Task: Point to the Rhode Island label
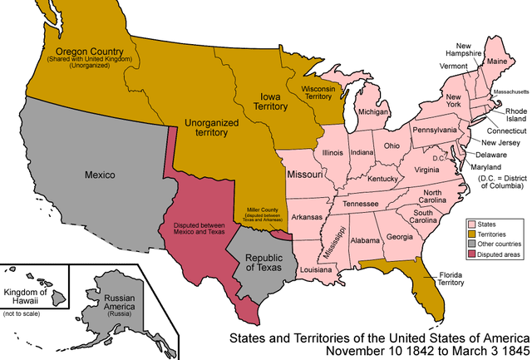pyautogui.click(x=510, y=116)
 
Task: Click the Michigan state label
pyautogui.click(x=373, y=111)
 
